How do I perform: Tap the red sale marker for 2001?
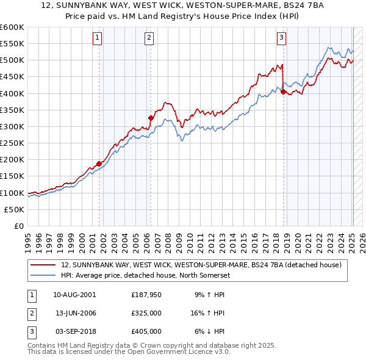[x=99, y=164]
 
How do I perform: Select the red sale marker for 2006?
[x=151, y=118]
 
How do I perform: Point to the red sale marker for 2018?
[x=283, y=92]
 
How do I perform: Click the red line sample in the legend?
[x=43, y=265]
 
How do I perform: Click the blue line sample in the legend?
[x=43, y=275]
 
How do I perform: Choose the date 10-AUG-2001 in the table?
[x=74, y=295]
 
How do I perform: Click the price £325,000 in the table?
[x=146, y=313]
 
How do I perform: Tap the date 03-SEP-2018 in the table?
[x=74, y=331]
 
